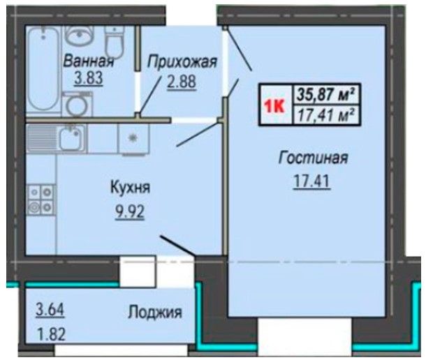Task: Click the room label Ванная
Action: point(88,61)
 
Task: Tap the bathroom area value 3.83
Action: point(89,78)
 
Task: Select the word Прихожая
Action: point(182,62)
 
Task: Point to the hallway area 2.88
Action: point(182,82)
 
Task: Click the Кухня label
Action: point(130,188)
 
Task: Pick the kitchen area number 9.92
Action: point(130,212)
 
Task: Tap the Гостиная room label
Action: point(313,158)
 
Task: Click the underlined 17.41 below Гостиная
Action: point(311,181)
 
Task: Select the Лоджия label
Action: point(155,313)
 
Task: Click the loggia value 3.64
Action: point(50,310)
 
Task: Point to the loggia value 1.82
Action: point(51,334)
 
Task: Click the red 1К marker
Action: point(274,106)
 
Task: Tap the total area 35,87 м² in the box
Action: point(326,94)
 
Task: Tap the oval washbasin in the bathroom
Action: point(80,36)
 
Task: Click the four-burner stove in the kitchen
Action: point(41,200)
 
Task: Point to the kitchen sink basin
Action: point(71,138)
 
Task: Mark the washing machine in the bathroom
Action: point(77,104)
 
